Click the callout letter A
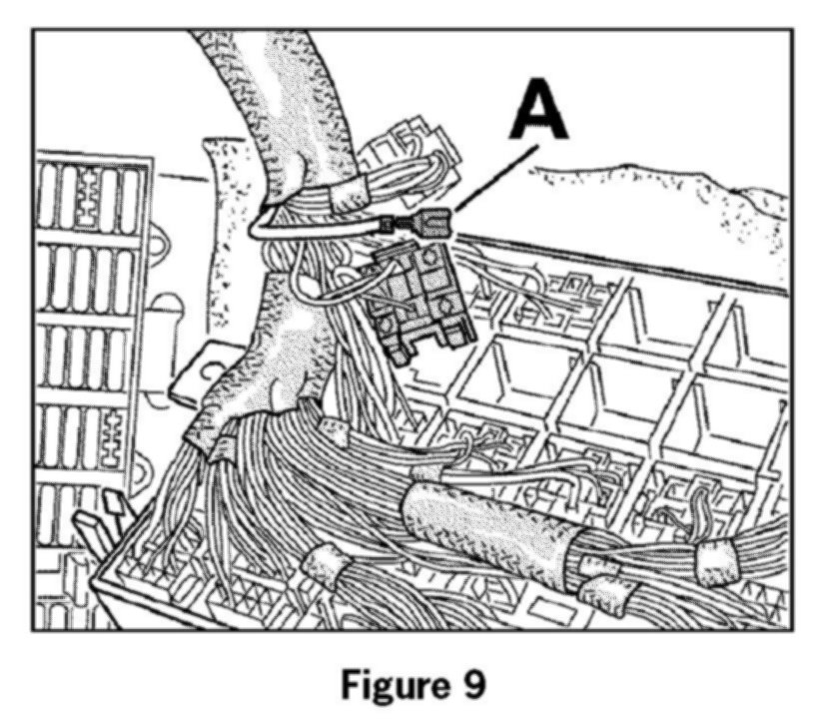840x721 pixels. coord(538,113)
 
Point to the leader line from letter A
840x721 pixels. coord(494,178)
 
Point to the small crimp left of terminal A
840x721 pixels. coord(385,226)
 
